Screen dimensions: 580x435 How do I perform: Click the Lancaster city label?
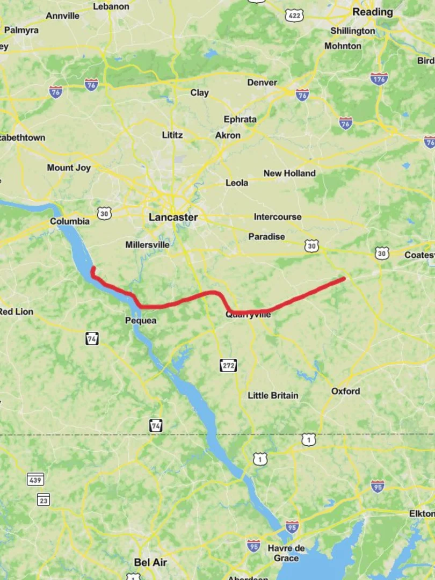tap(173, 218)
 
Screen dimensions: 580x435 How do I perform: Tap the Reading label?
tap(372, 12)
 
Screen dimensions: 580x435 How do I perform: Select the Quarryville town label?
tap(248, 315)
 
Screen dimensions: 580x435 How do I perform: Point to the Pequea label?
tap(141, 321)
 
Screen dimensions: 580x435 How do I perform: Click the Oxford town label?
tap(345, 391)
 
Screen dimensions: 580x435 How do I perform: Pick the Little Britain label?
tap(273, 395)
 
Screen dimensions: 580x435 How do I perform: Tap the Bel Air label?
tap(150, 562)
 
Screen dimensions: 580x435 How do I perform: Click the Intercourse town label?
tap(278, 217)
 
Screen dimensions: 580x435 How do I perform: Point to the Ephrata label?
tap(240, 119)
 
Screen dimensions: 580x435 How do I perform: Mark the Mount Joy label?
tap(69, 168)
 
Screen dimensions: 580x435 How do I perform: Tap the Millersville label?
tap(147, 245)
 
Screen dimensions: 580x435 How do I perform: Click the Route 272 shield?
tap(228, 366)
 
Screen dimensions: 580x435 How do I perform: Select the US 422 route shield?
tap(295, 16)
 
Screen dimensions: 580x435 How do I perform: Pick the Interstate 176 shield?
tap(379, 79)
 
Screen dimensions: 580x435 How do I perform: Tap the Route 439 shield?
tap(35, 480)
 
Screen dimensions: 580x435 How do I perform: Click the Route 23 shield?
tap(44, 499)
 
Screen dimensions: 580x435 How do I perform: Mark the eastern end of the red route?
tap(343, 279)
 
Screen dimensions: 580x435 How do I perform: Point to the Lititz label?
tap(172, 135)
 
